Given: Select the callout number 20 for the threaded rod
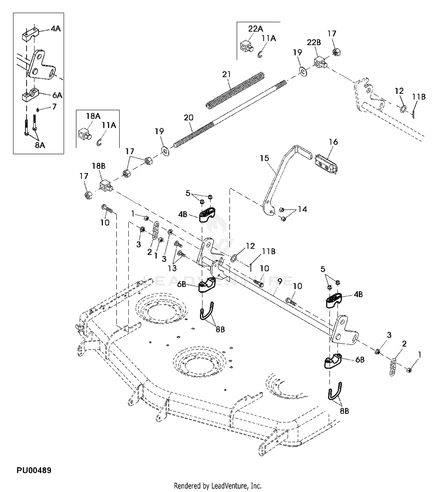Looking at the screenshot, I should click(x=189, y=118).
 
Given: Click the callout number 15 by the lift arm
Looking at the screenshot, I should click(x=265, y=158).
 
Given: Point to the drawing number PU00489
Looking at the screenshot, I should click(x=34, y=470).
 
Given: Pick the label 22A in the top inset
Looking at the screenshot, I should click(x=255, y=29).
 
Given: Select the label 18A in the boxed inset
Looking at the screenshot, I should click(x=93, y=116).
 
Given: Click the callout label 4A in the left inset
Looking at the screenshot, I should click(x=56, y=28).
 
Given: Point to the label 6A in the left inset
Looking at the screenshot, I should click(x=57, y=95).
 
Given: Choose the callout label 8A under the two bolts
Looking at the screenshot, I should click(x=40, y=145).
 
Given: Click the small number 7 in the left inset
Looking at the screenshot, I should click(x=54, y=107).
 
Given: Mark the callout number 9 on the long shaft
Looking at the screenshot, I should click(x=280, y=281).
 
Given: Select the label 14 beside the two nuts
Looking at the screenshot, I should click(x=303, y=209).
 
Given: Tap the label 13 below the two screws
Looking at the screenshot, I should click(x=172, y=268).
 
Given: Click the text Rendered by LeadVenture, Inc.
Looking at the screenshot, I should click(x=217, y=486).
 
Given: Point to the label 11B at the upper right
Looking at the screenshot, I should click(x=419, y=97).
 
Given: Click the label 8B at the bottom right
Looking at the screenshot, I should click(x=344, y=411).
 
